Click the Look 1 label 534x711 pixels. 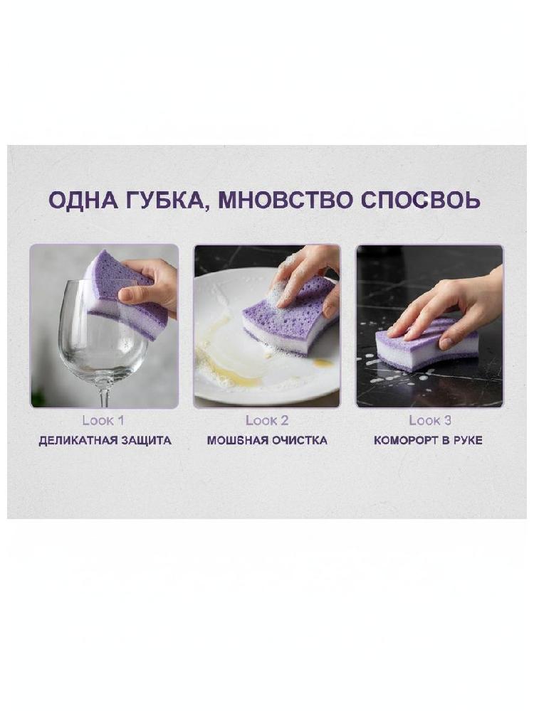103,420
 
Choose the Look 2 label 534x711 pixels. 267,420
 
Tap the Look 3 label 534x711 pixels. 430,420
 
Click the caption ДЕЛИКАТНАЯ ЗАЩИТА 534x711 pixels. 105,440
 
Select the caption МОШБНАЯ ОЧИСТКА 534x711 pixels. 267,440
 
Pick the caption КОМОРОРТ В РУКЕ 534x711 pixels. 428,440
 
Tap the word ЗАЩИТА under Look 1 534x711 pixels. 145,440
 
